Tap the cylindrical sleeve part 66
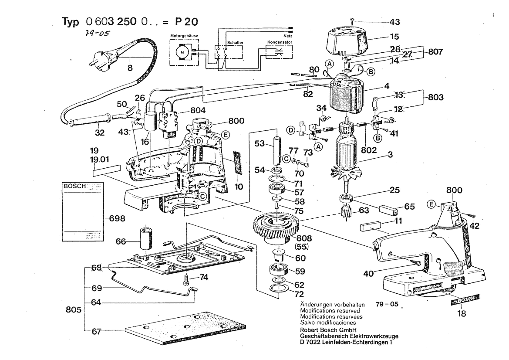(x=145, y=238)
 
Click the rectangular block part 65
(x=388, y=210)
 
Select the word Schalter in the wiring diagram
(x=235, y=43)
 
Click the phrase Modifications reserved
(x=330, y=310)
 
